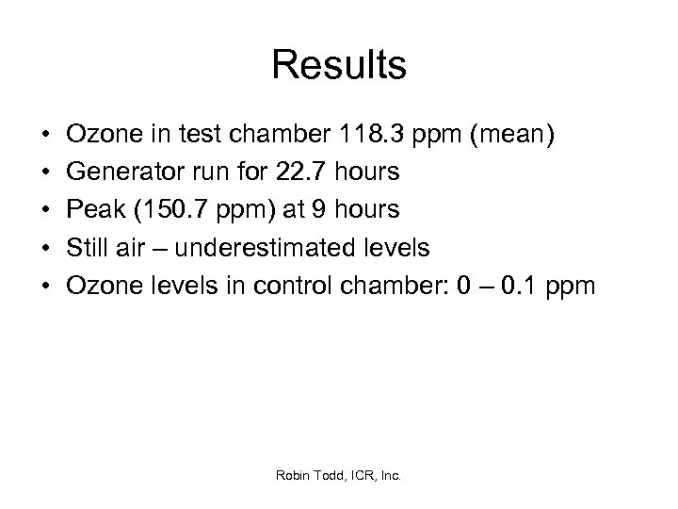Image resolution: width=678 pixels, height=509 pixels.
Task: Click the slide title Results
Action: (x=339, y=66)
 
